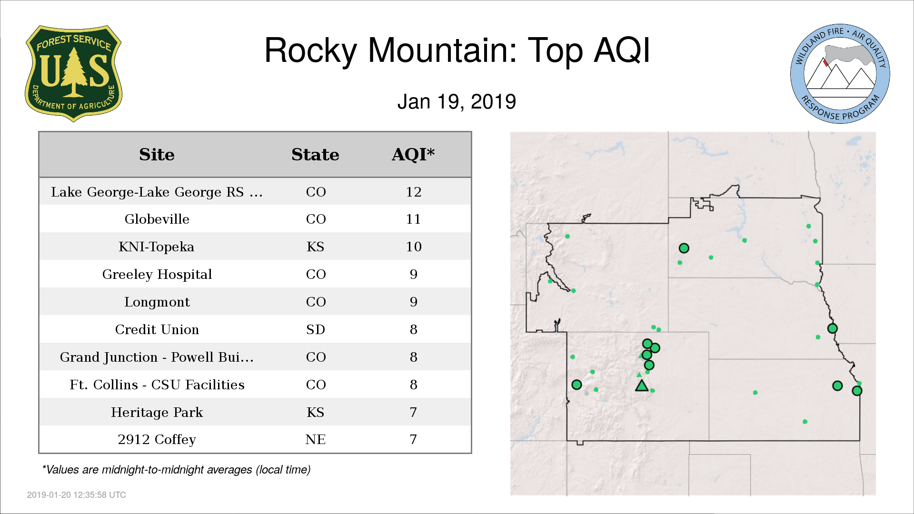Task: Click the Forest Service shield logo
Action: point(73,73)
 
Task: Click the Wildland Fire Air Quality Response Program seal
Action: point(840,74)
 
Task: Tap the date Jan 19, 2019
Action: point(457,102)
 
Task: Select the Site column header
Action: point(157,155)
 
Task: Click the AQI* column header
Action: point(413,155)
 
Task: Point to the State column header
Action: point(315,155)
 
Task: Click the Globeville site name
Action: point(157,219)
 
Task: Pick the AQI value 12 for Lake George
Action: point(414,192)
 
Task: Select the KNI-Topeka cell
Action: point(157,247)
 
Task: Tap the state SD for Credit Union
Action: point(316,329)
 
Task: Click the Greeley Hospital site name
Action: point(157,275)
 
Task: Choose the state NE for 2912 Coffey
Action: point(316,439)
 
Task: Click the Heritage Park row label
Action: point(157,412)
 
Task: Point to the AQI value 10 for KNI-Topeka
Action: point(414,247)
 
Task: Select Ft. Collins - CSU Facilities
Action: point(157,385)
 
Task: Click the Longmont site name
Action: point(157,302)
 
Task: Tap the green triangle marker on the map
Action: point(642,386)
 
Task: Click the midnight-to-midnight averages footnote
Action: point(176,470)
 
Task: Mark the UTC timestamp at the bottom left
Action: point(77,495)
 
